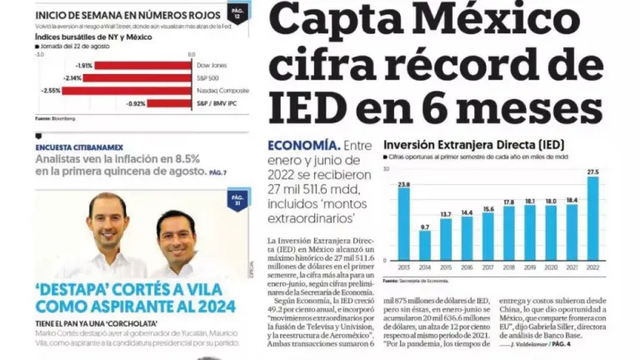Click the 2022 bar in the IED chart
tap(592, 218)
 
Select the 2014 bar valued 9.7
tap(425, 245)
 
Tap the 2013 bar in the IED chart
tap(404, 223)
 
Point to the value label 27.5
tap(592, 172)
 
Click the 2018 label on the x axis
tap(509, 267)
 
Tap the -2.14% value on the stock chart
tap(72, 78)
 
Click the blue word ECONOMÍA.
tap(303, 145)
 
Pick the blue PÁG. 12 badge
tap(237, 13)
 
